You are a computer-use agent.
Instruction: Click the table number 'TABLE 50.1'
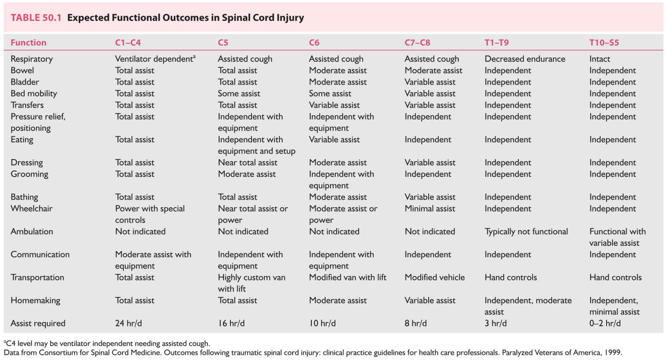pyautogui.click(x=36, y=18)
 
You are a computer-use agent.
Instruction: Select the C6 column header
pyautogui.click(x=314, y=43)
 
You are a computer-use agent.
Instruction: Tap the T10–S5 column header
pyautogui.click(x=604, y=43)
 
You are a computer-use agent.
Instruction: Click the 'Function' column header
pyautogui.click(x=28, y=43)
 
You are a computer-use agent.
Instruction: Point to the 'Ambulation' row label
pyautogui.click(x=32, y=232)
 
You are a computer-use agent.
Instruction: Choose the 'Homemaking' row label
pyautogui.click(x=35, y=300)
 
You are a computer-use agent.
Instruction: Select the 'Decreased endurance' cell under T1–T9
pyautogui.click(x=525, y=59)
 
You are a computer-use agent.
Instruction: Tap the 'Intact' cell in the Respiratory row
pyautogui.click(x=600, y=59)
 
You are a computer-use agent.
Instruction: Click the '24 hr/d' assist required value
pyautogui.click(x=128, y=323)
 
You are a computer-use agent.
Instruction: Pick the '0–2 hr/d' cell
pyautogui.click(x=605, y=323)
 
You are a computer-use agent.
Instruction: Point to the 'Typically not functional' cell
pyautogui.click(x=526, y=232)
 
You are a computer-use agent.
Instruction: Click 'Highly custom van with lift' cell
pyautogui.click(x=251, y=283)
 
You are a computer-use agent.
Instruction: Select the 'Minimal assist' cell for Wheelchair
pyautogui.click(x=430, y=209)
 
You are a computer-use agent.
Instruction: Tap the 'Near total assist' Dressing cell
pyautogui.click(x=247, y=163)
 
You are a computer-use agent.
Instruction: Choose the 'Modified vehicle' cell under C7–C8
pyautogui.click(x=434, y=277)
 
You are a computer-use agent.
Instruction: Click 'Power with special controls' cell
pyautogui.click(x=150, y=214)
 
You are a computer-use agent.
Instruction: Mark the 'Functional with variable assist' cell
pyautogui.click(x=617, y=237)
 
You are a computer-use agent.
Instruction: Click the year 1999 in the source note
pyautogui.click(x=612, y=353)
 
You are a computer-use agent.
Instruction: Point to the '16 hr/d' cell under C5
pyautogui.click(x=231, y=323)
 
